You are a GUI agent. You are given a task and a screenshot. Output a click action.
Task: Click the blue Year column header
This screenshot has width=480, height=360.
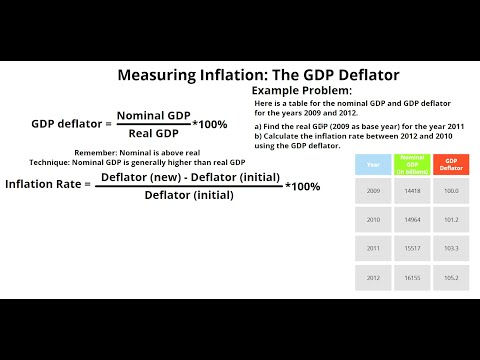click(373, 164)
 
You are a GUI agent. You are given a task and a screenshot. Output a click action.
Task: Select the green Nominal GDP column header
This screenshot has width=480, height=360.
click(412, 164)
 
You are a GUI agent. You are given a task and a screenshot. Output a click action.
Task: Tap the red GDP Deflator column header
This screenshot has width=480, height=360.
click(451, 164)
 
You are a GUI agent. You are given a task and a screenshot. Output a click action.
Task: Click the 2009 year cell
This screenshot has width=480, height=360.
click(373, 190)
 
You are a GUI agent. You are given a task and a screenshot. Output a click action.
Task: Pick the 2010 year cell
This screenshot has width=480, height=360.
click(373, 219)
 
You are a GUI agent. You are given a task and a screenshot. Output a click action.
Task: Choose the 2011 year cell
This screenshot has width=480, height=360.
click(373, 247)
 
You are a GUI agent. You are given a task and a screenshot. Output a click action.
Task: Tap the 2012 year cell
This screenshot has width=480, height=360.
click(373, 276)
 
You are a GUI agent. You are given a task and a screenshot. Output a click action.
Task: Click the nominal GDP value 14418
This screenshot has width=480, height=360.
click(412, 190)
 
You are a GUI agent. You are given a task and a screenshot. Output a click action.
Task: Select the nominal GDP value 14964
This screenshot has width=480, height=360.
click(412, 219)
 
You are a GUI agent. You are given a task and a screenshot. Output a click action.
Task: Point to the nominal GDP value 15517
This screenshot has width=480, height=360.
click(412, 247)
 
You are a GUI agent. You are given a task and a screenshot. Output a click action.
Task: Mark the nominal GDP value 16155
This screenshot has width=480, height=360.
click(412, 276)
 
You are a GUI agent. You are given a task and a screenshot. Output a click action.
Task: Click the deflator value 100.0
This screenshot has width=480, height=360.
click(451, 190)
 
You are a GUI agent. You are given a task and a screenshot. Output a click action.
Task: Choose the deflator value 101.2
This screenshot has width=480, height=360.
click(451, 219)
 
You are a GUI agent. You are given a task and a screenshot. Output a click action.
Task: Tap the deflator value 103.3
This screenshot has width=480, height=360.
click(451, 247)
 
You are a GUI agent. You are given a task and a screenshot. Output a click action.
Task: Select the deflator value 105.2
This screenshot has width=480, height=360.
click(451, 276)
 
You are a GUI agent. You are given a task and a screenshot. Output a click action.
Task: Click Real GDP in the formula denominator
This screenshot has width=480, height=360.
click(153, 133)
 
